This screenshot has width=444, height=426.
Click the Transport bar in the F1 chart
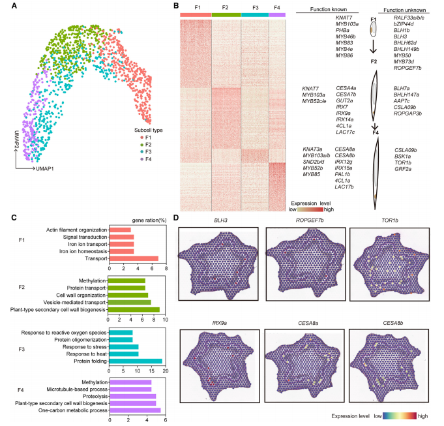click(x=134, y=258)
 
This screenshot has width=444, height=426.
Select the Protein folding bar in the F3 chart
click(x=136, y=361)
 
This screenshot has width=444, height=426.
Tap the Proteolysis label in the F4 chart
click(x=90, y=395)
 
